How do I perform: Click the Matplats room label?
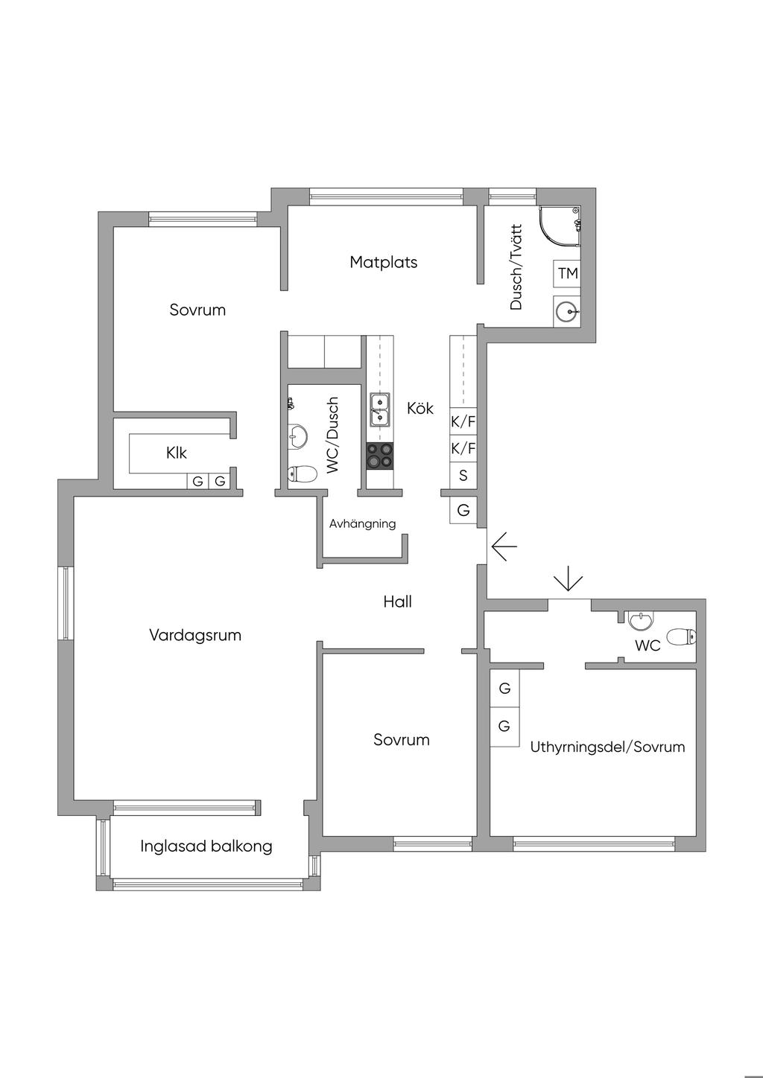coord(384,262)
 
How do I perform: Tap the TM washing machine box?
coord(567,273)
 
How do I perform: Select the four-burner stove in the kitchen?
coord(380,456)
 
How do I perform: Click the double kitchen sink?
coord(380,409)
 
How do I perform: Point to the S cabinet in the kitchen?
coord(463,475)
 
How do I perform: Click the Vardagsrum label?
coord(195,635)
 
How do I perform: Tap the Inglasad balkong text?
coord(206,846)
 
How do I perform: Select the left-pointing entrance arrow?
coord(504,546)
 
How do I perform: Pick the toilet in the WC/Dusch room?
coord(302,474)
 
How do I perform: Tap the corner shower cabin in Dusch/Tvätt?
coord(560,226)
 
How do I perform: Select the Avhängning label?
coord(362,523)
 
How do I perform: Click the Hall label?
coord(397,602)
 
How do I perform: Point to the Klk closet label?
coord(177,453)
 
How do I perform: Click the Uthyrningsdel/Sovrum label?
coord(607,747)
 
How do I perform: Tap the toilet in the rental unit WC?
coord(681,637)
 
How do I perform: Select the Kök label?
coord(420,408)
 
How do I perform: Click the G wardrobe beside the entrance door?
coord(463,510)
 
